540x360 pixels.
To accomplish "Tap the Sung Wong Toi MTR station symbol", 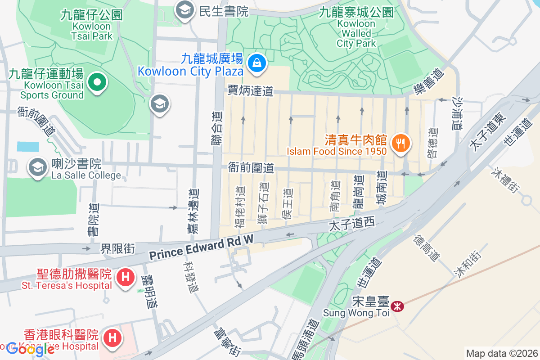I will coord(397,307).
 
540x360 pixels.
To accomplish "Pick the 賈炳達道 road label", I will coord(250,91).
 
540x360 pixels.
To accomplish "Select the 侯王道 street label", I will coord(287,203).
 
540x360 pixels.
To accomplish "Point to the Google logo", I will coord(30,349).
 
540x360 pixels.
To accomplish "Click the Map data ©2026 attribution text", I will coord(501,354).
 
